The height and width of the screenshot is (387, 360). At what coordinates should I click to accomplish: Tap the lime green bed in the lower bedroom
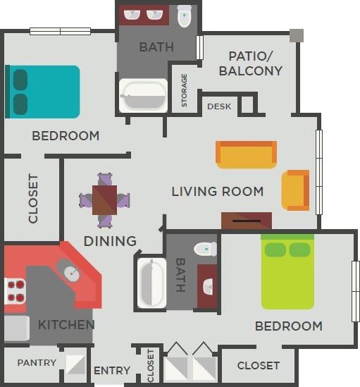(x=287, y=273)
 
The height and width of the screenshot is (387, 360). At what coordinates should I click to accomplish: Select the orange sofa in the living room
(x=246, y=154)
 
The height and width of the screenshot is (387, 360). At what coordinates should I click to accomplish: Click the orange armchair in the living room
(x=295, y=190)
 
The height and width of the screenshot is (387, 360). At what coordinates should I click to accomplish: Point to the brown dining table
(x=105, y=200)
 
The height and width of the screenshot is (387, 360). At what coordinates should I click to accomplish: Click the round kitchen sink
(x=70, y=272)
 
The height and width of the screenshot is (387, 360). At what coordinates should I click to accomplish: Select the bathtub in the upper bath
(x=143, y=96)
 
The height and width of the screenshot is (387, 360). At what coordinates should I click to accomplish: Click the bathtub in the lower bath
(x=151, y=283)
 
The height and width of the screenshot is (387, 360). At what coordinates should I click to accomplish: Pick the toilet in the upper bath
(x=185, y=16)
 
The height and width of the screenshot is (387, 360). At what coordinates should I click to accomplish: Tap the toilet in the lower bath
(x=205, y=248)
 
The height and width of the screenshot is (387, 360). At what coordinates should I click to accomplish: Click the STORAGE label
(x=185, y=90)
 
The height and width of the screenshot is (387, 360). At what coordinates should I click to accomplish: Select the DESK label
(x=219, y=106)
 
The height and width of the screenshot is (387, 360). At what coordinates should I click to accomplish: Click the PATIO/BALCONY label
(x=250, y=63)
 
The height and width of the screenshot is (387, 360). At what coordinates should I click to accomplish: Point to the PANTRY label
(x=37, y=364)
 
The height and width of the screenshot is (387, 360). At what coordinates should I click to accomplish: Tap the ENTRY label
(x=112, y=371)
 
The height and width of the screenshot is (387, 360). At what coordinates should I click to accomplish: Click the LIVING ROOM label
(x=218, y=191)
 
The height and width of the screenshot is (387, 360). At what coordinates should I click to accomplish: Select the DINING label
(x=110, y=241)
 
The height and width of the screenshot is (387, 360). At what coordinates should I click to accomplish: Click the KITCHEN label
(x=66, y=325)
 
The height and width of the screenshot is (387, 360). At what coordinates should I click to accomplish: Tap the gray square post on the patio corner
(x=296, y=35)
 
